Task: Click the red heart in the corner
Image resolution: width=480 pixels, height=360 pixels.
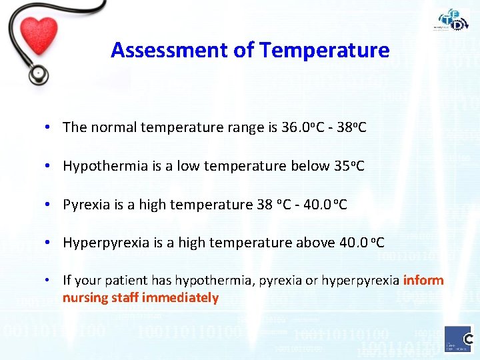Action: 39,35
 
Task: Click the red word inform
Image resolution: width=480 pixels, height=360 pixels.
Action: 423,281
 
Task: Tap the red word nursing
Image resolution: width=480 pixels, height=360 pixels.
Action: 85,298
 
